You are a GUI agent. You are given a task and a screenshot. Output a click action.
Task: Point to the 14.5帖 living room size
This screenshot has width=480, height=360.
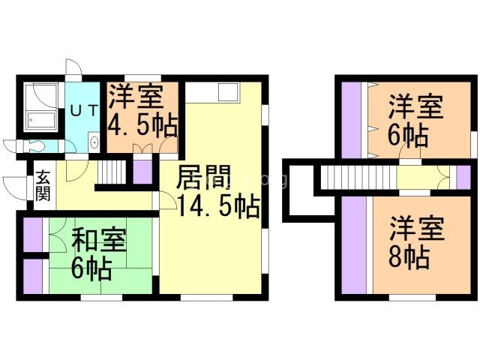coord(218,204)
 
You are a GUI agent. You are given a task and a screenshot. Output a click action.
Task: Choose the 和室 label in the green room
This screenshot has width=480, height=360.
coord(99,241)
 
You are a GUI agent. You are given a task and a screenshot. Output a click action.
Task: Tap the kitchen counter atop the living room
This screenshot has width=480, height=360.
coord(212,94)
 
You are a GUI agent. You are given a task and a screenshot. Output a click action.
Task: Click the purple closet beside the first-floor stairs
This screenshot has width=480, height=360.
coord(142,172)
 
